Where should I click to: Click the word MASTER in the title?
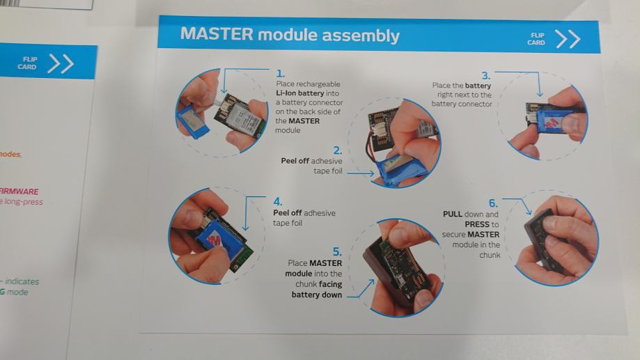217,33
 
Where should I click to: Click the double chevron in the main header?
568,39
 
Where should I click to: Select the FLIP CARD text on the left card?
27,63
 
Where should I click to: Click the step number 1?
281,74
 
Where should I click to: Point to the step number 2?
338,150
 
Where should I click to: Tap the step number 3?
485,75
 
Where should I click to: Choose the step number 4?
278,202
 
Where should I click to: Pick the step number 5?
337,251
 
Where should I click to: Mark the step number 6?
493,203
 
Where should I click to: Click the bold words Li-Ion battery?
299,93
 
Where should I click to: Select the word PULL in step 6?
453,214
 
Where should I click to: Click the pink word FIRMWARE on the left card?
19,191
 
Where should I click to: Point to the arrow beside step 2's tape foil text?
361,173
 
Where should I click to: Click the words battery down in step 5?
317,295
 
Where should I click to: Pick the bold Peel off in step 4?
287,212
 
